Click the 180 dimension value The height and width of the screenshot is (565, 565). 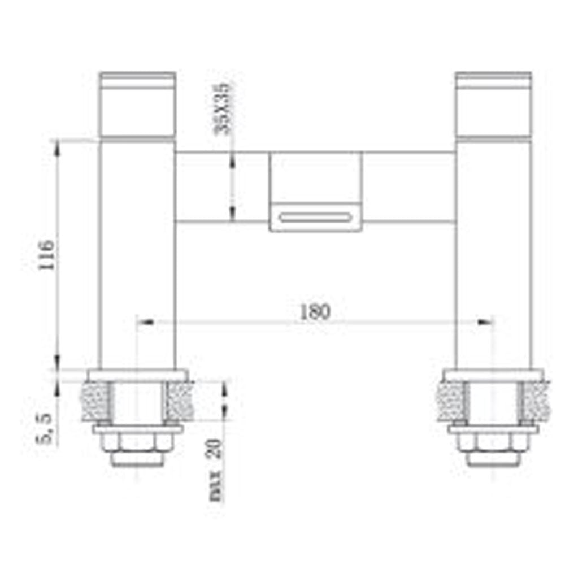[315, 312]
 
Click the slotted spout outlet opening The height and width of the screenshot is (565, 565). [315, 216]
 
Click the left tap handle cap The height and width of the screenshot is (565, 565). [137, 105]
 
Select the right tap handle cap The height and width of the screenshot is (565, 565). [493, 105]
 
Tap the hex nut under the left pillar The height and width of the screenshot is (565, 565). [137, 443]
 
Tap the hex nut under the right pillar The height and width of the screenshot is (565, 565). [493, 443]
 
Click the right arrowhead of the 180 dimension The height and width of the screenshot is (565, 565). [485, 322]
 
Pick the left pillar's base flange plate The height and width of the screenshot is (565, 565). [137, 376]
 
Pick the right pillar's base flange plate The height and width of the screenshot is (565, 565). [493, 376]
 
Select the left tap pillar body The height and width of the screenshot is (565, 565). [137, 254]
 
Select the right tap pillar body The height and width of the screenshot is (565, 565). [493, 254]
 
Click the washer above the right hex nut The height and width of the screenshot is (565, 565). [493, 429]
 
